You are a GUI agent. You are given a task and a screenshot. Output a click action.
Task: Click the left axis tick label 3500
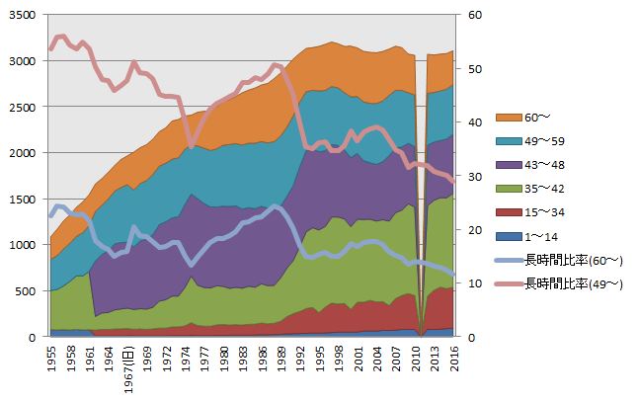tap(23, 15)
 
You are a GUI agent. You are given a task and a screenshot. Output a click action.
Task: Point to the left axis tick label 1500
tap(23, 200)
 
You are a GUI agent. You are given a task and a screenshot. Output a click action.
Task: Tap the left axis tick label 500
tap(26, 291)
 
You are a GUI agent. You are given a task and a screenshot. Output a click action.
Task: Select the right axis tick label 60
tap(475, 15)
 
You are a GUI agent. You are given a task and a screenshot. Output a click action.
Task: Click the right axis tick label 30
tap(475, 177)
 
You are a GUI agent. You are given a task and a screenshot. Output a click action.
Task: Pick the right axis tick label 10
tap(475, 283)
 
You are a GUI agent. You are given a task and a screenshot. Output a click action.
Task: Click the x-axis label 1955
tap(51, 359)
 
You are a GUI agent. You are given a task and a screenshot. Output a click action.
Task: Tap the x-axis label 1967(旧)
tap(128, 369)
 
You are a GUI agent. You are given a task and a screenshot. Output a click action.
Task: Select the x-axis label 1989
tap(282, 359)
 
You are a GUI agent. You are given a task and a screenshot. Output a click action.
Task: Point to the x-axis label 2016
tap(454, 359)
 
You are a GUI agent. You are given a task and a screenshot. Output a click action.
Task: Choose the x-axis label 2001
tap(359, 359)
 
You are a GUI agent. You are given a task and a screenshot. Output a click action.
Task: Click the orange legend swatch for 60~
tap(509, 118)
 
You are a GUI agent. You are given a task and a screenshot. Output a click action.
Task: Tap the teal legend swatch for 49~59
tap(509, 141)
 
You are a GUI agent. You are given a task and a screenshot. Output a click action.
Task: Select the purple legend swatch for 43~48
tap(509, 165)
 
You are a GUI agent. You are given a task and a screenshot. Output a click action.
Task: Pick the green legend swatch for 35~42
tap(509, 189)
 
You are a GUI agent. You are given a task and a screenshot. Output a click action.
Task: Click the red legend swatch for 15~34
tap(509, 212)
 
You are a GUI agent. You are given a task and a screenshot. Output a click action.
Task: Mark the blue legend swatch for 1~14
tap(509, 236)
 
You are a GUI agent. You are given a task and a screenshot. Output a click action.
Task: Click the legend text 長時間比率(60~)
tap(574, 261)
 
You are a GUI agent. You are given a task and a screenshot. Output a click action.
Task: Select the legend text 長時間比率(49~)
tap(574, 284)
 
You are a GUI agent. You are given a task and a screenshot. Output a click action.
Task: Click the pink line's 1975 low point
tap(192, 145)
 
